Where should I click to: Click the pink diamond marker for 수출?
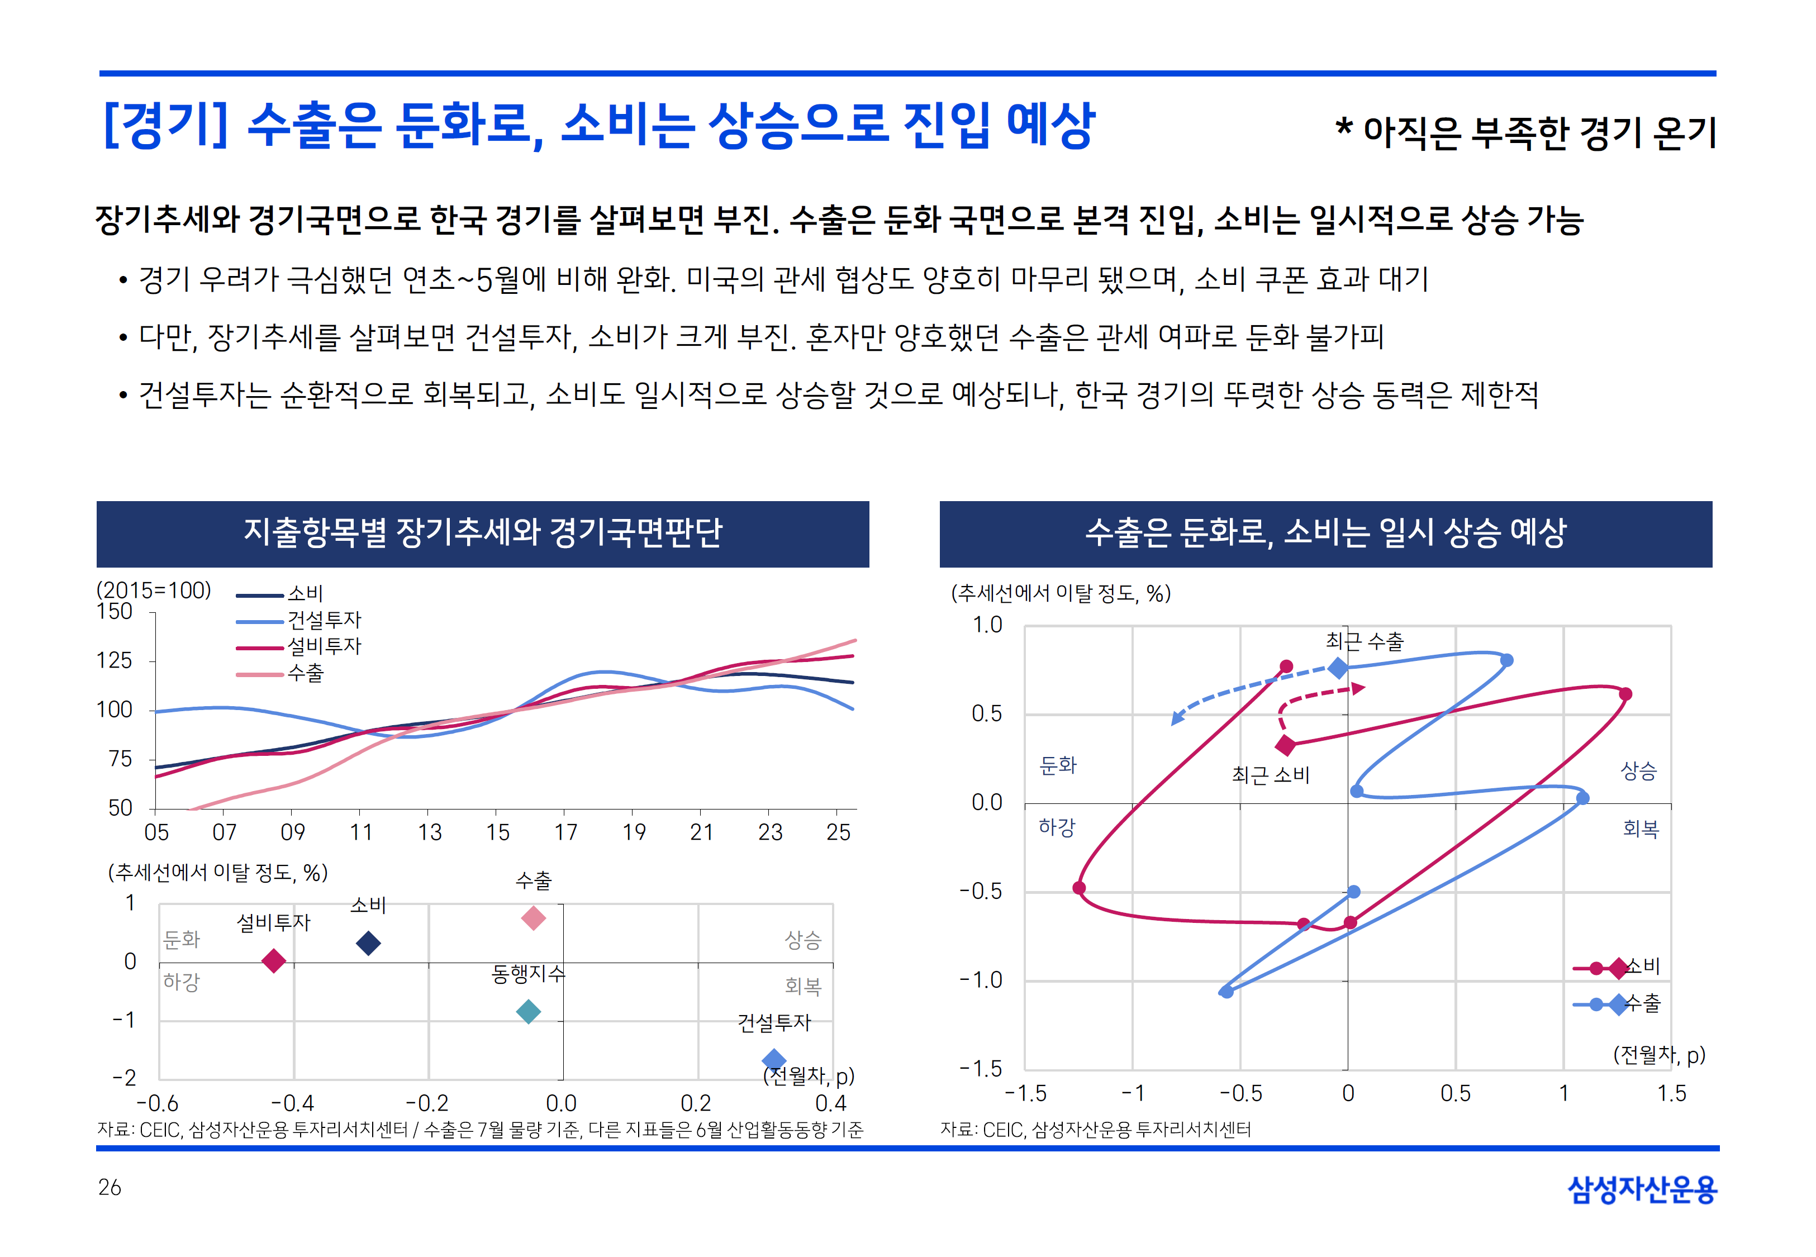533,917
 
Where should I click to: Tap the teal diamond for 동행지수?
529,1011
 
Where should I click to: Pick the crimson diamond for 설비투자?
273,960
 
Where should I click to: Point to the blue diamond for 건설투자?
774,1059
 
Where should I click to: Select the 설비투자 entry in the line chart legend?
324,646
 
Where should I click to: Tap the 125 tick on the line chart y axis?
114,660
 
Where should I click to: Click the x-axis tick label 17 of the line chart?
565,832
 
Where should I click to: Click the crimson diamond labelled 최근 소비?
1285,744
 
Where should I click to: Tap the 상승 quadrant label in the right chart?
1638,771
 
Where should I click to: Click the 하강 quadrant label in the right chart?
1056,827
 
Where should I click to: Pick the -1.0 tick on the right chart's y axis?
981,980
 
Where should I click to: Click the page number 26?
110,1188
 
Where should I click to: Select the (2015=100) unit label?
154,590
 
